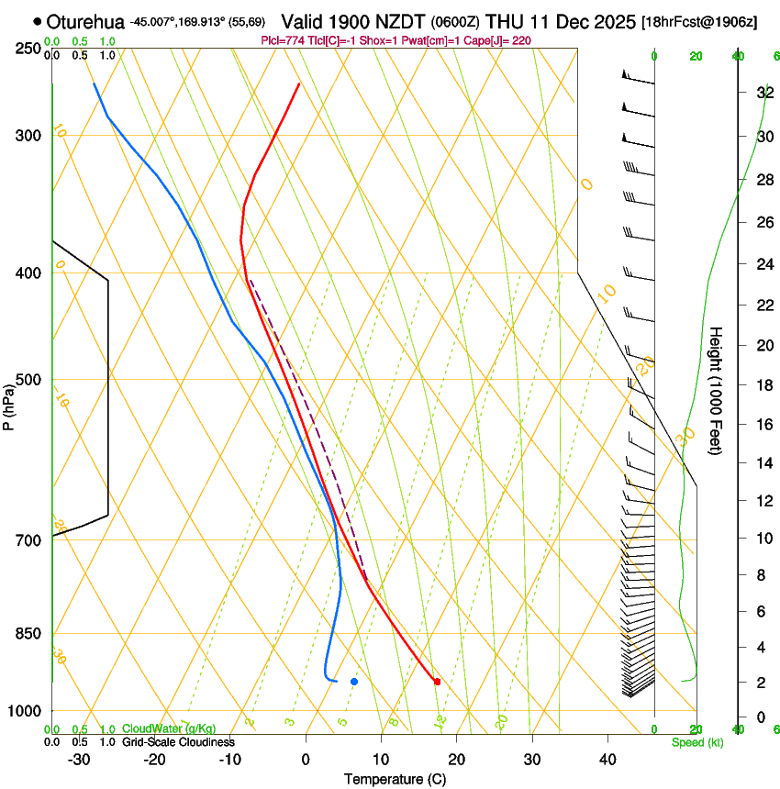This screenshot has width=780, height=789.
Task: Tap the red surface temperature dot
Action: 437,682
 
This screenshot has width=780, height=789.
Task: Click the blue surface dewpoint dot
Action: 353,681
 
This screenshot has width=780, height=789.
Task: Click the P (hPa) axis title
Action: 8,405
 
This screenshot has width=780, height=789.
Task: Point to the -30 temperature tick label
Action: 79,760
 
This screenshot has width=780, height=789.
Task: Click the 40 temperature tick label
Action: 607,760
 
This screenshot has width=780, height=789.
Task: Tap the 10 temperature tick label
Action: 381,760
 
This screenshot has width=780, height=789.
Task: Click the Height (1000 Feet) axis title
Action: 717,390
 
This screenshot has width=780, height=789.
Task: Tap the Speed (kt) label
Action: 696,742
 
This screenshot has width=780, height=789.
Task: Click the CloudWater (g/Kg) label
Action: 157,729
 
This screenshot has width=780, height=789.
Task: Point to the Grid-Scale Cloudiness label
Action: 177,742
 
